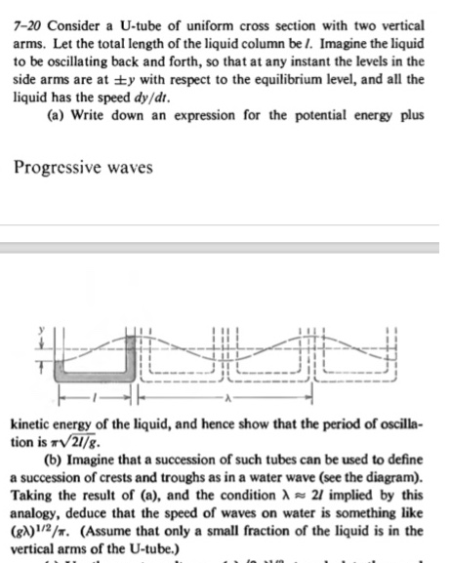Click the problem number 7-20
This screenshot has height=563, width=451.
coord(22,12)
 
